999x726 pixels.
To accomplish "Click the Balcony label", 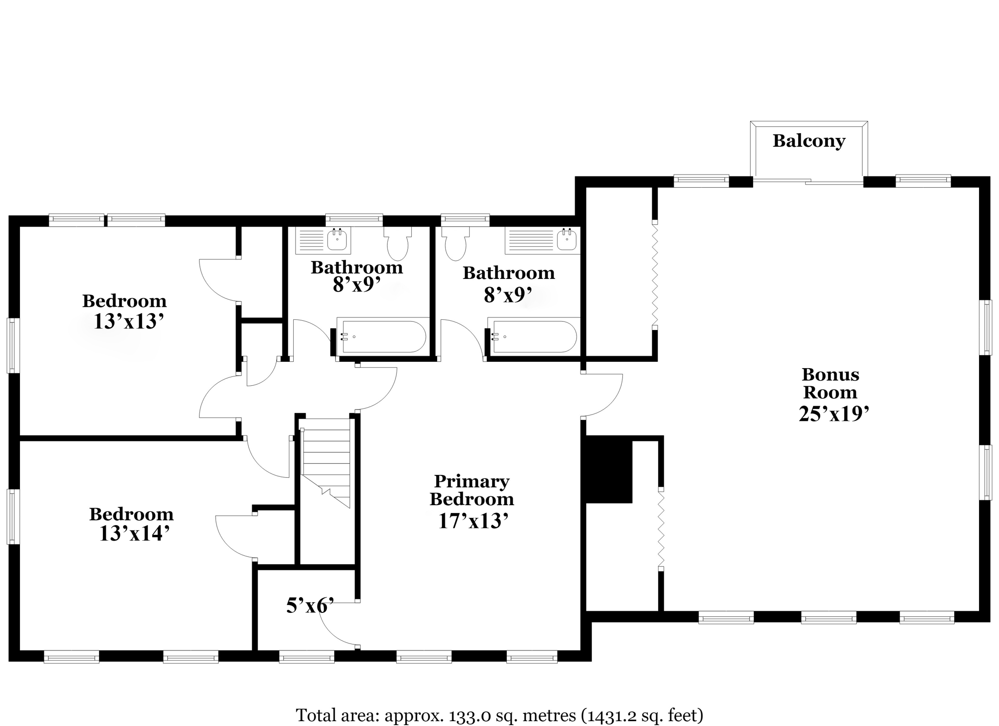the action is (x=809, y=141).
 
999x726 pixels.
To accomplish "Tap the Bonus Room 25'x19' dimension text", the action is (x=834, y=414).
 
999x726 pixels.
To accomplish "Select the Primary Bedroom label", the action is (x=472, y=490).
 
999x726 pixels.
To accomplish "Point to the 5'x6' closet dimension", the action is (x=310, y=606).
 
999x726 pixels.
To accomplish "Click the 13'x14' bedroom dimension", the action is (x=134, y=533).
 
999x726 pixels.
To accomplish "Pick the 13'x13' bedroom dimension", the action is (x=128, y=321).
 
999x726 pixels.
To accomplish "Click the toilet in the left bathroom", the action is (x=398, y=243).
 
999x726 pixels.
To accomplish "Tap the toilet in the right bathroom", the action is (x=456, y=243).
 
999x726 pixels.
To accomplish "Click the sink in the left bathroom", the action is (x=337, y=239).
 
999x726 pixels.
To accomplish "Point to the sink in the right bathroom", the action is (x=567, y=239).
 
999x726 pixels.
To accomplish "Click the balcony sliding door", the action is (x=808, y=181).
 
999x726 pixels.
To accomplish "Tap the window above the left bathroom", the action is (x=354, y=220).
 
